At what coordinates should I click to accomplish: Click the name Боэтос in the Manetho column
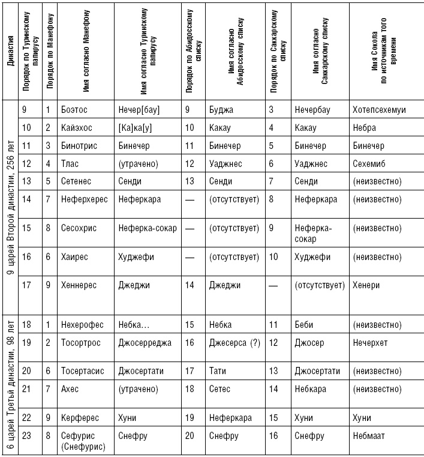click(x=74, y=110)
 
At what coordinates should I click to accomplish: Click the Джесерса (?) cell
click(x=231, y=342)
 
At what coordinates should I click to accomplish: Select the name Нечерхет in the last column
click(x=371, y=342)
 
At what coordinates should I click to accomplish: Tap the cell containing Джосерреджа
click(x=145, y=342)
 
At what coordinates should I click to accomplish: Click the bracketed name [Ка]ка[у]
click(x=136, y=128)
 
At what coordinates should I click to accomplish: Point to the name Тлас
click(x=70, y=163)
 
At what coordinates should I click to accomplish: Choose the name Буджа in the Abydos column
click(x=221, y=110)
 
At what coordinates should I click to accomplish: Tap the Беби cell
click(x=304, y=325)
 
